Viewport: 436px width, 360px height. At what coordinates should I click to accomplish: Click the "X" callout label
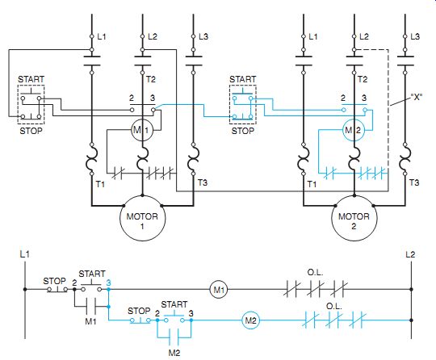tap(417, 97)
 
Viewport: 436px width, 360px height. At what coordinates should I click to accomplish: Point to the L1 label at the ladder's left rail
tap(24, 253)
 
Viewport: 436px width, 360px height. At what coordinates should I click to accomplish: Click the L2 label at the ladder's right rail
tap(410, 254)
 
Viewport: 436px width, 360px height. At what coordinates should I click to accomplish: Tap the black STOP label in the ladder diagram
tap(55, 281)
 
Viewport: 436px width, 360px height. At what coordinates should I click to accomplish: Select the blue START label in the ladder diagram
tap(174, 304)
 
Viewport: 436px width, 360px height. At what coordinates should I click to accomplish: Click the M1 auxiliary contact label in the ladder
tap(90, 321)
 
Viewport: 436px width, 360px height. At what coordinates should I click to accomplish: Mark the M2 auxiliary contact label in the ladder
tap(174, 353)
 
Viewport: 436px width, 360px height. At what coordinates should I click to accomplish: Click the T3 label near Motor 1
tap(203, 182)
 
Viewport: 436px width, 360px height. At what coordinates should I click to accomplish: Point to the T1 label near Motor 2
tap(312, 184)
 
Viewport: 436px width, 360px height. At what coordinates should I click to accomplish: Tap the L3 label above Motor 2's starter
tap(415, 36)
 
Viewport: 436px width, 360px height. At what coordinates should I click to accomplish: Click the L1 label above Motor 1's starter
tap(102, 36)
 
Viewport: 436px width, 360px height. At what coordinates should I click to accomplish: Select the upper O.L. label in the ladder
tap(315, 272)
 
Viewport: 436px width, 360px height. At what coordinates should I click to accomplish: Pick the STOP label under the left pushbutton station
tap(31, 131)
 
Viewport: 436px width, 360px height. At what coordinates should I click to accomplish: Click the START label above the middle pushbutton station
tap(242, 79)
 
